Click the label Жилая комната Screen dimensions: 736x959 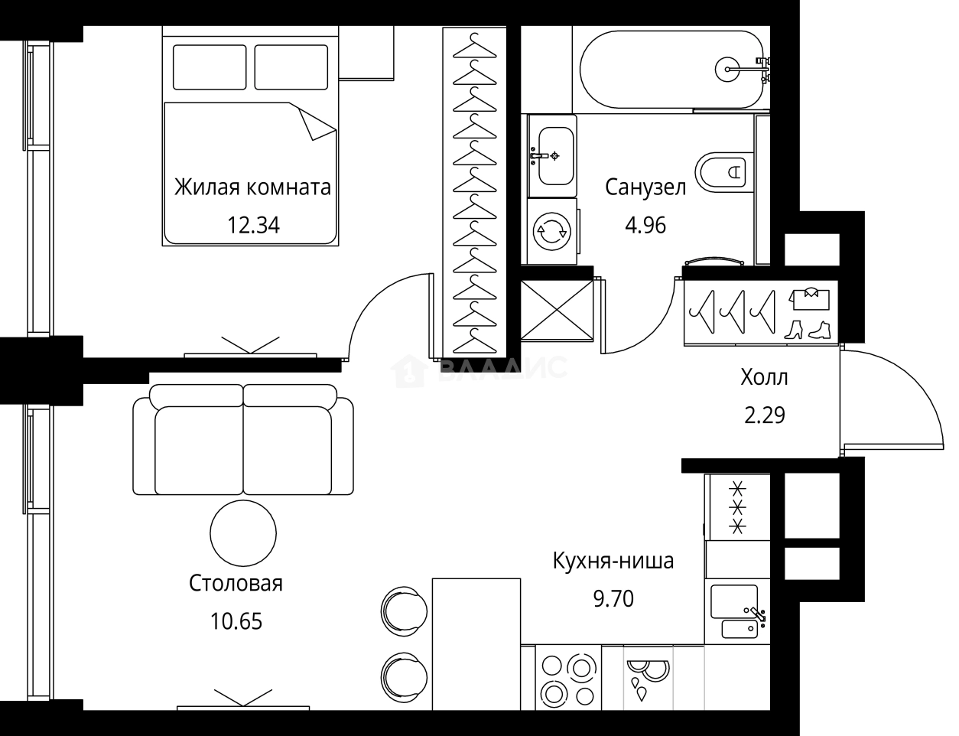pos(252,187)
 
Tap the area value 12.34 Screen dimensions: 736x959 pos(252,225)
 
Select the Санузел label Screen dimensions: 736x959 pos(645,187)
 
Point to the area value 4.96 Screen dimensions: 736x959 pos(645,225)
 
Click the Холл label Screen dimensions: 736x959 pos(764,377)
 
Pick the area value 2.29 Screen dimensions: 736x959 pos(764,415)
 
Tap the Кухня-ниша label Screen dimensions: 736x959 pos(613,562)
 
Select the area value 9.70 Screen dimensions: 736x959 pos(613,598)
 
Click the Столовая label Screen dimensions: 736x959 pos(236,584)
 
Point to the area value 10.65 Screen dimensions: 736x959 pos(236,621)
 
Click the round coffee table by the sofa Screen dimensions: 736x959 pos(243,533)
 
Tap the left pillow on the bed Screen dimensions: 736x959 pos(210,67)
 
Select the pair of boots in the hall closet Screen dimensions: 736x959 pos(808,329)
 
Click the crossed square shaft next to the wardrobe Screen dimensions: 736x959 pos(557,308)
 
